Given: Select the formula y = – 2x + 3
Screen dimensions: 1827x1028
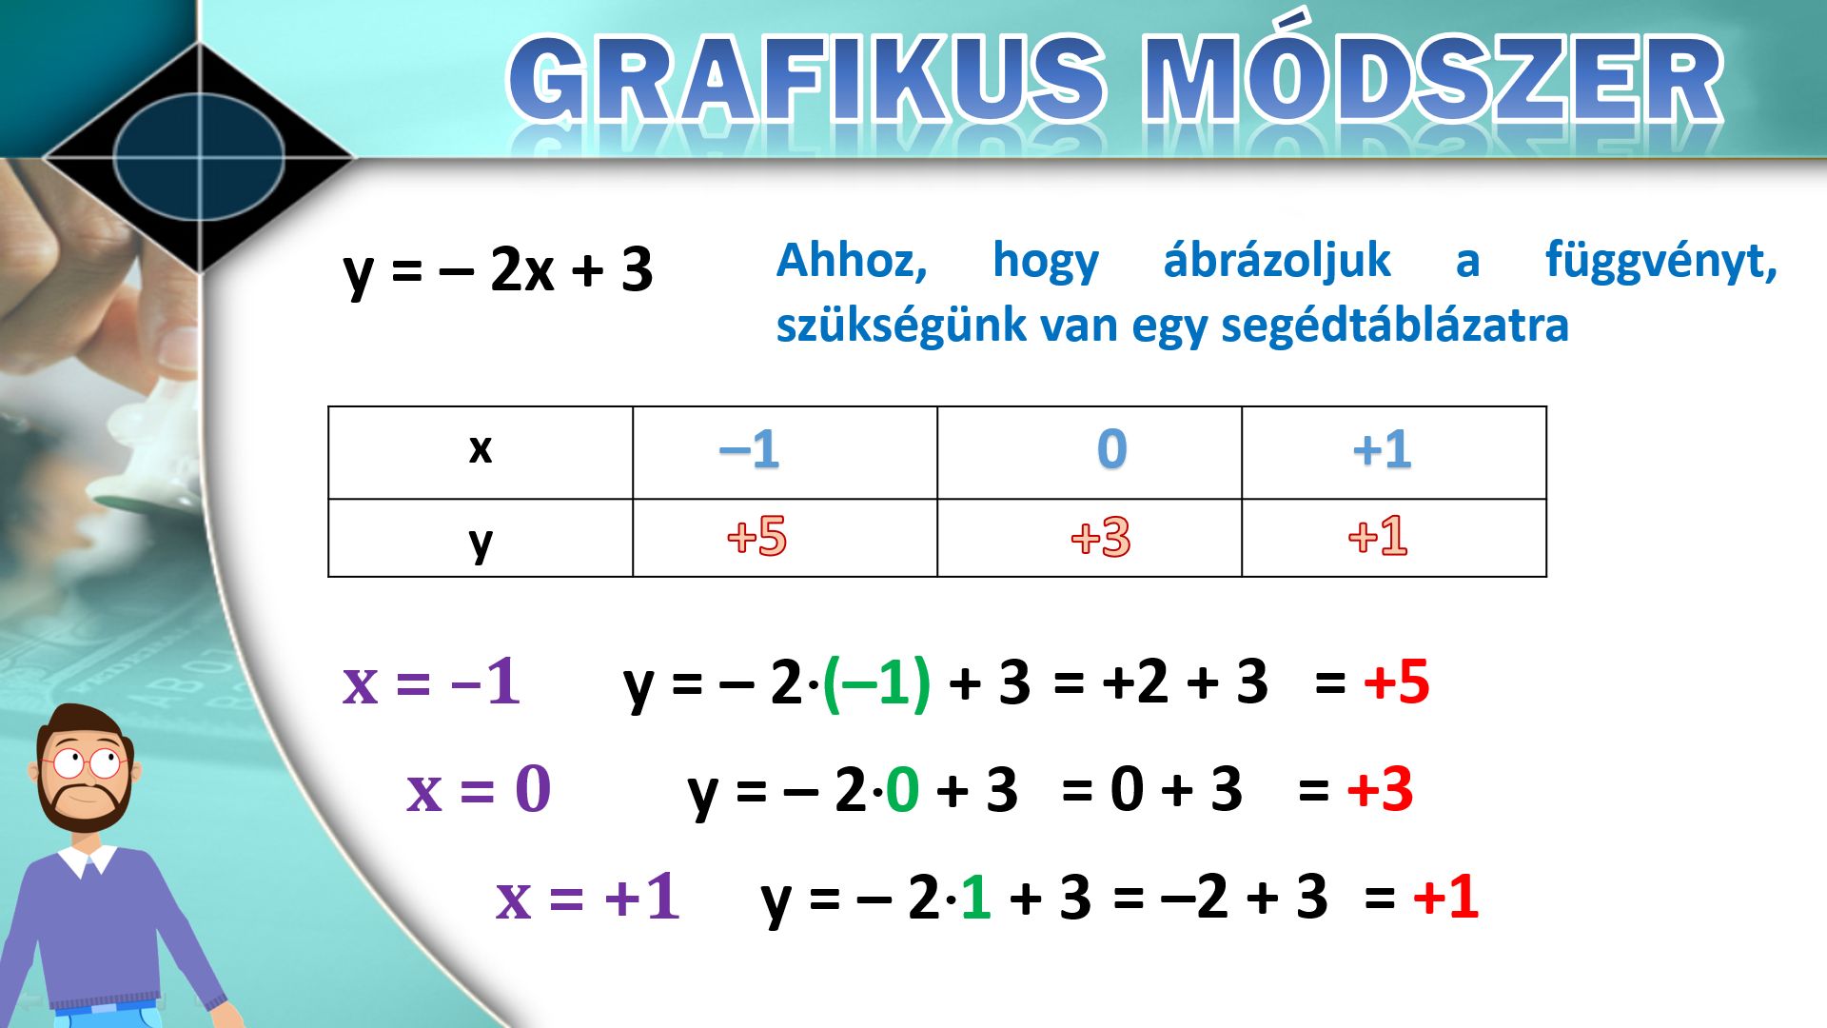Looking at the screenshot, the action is pyautogui.click(x=498, y=269).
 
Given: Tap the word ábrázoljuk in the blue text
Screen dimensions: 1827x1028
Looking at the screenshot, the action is pyautogui.click(x=1277, y=260).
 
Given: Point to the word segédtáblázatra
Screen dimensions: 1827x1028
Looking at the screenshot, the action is pyautogui.click(x=1395, y=325).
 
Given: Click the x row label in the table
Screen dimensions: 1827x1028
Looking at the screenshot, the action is pyautogui.click(x=481, y=448).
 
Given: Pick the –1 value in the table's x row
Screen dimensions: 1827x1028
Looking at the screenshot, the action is pyautogui.click(x=750, y=449).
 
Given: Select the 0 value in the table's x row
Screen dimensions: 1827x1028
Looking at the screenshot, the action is pyautogui.click(x=1111, y=449).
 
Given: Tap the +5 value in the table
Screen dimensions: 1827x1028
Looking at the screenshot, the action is pyautogui.click(x=756, y=536).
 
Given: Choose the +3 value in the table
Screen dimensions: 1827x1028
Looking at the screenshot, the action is pyautogui.click(x=1101, y=537).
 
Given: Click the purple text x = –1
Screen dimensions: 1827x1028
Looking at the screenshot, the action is pyautogui.click(x=432, y=682).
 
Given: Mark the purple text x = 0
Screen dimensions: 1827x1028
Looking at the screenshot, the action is pyautogui.click(x=479, y=789).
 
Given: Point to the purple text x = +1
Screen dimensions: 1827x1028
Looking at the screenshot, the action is pyautogui.click(x=588, y=897).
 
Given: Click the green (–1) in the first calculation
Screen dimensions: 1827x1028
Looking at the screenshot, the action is pyautogui.click(x=876, y=682).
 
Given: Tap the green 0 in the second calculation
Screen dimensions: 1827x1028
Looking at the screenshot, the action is pyautogui.click(x=902, y=790).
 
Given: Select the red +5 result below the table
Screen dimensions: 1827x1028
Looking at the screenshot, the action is pyautogui.click(x=1397, y=682).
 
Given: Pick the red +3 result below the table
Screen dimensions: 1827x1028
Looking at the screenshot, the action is pyautogui.click(x=1381, y=790).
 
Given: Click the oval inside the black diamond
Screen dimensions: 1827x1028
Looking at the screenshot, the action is pyautogui.click(x=200, y=157).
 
